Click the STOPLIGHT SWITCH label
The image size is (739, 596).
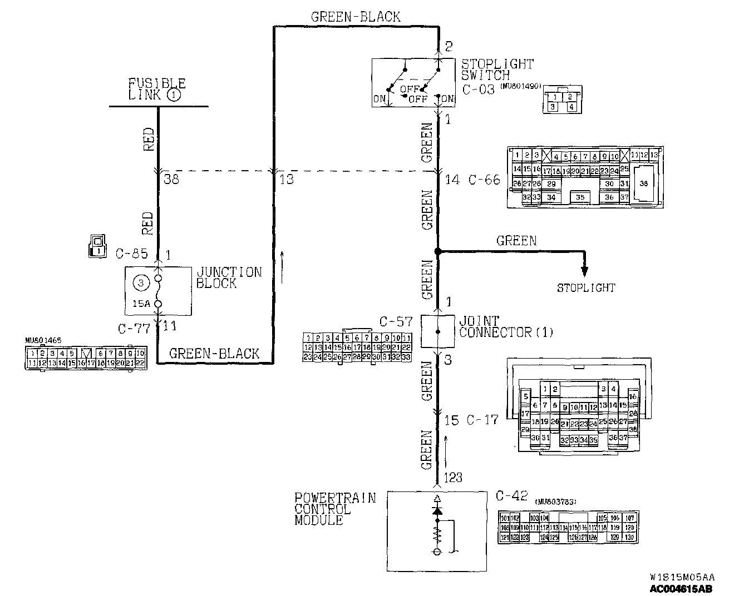[x=497, y=69]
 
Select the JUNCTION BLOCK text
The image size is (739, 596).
[x=228, y=277]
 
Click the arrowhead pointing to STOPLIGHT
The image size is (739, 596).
[x=584, y=271]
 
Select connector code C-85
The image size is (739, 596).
[x=131, y=254]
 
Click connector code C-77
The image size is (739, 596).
[x=134, y=328]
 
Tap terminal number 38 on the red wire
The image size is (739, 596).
[x=171, y=180]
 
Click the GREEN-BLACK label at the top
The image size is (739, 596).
[x=355, y=17]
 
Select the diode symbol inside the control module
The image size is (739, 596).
[x=437, y=510]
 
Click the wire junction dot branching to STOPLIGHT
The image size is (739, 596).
[x=437, y=252]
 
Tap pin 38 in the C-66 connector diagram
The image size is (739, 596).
[x=644, y=183]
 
